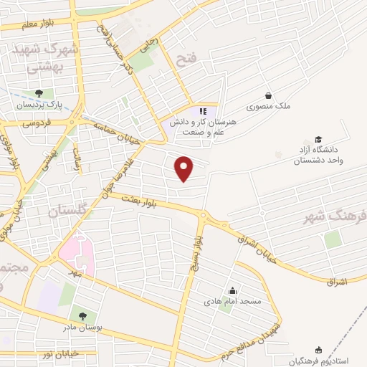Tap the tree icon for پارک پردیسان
(39, 93)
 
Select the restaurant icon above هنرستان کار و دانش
(203, 111)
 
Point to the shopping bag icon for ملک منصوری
(268, 95)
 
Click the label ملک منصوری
(269, 106)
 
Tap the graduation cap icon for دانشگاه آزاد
(318, 140)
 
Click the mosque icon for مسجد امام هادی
(232, 291)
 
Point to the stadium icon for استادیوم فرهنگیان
(318, 351)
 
